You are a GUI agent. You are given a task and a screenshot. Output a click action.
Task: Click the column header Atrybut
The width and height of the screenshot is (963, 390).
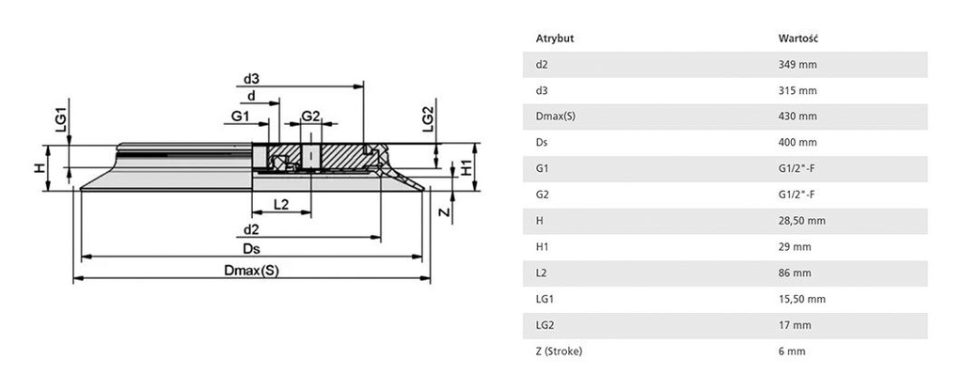click(x=554, y=39)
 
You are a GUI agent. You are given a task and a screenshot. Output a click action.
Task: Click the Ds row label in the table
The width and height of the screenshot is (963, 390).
click(x=541, y=143)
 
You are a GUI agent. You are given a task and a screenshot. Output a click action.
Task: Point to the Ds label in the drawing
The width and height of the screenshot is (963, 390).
click(x=251, y=248)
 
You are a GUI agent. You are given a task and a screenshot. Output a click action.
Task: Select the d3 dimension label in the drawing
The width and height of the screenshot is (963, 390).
click(x=251, y=79)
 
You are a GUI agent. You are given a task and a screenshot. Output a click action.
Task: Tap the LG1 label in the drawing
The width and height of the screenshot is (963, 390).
click(x=58, y=119)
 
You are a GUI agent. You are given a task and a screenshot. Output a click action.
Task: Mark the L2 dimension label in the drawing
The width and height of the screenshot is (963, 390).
click(x=280, y=203)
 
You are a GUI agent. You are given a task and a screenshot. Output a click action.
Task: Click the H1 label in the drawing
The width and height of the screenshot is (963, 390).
click(x=466, y=169)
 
